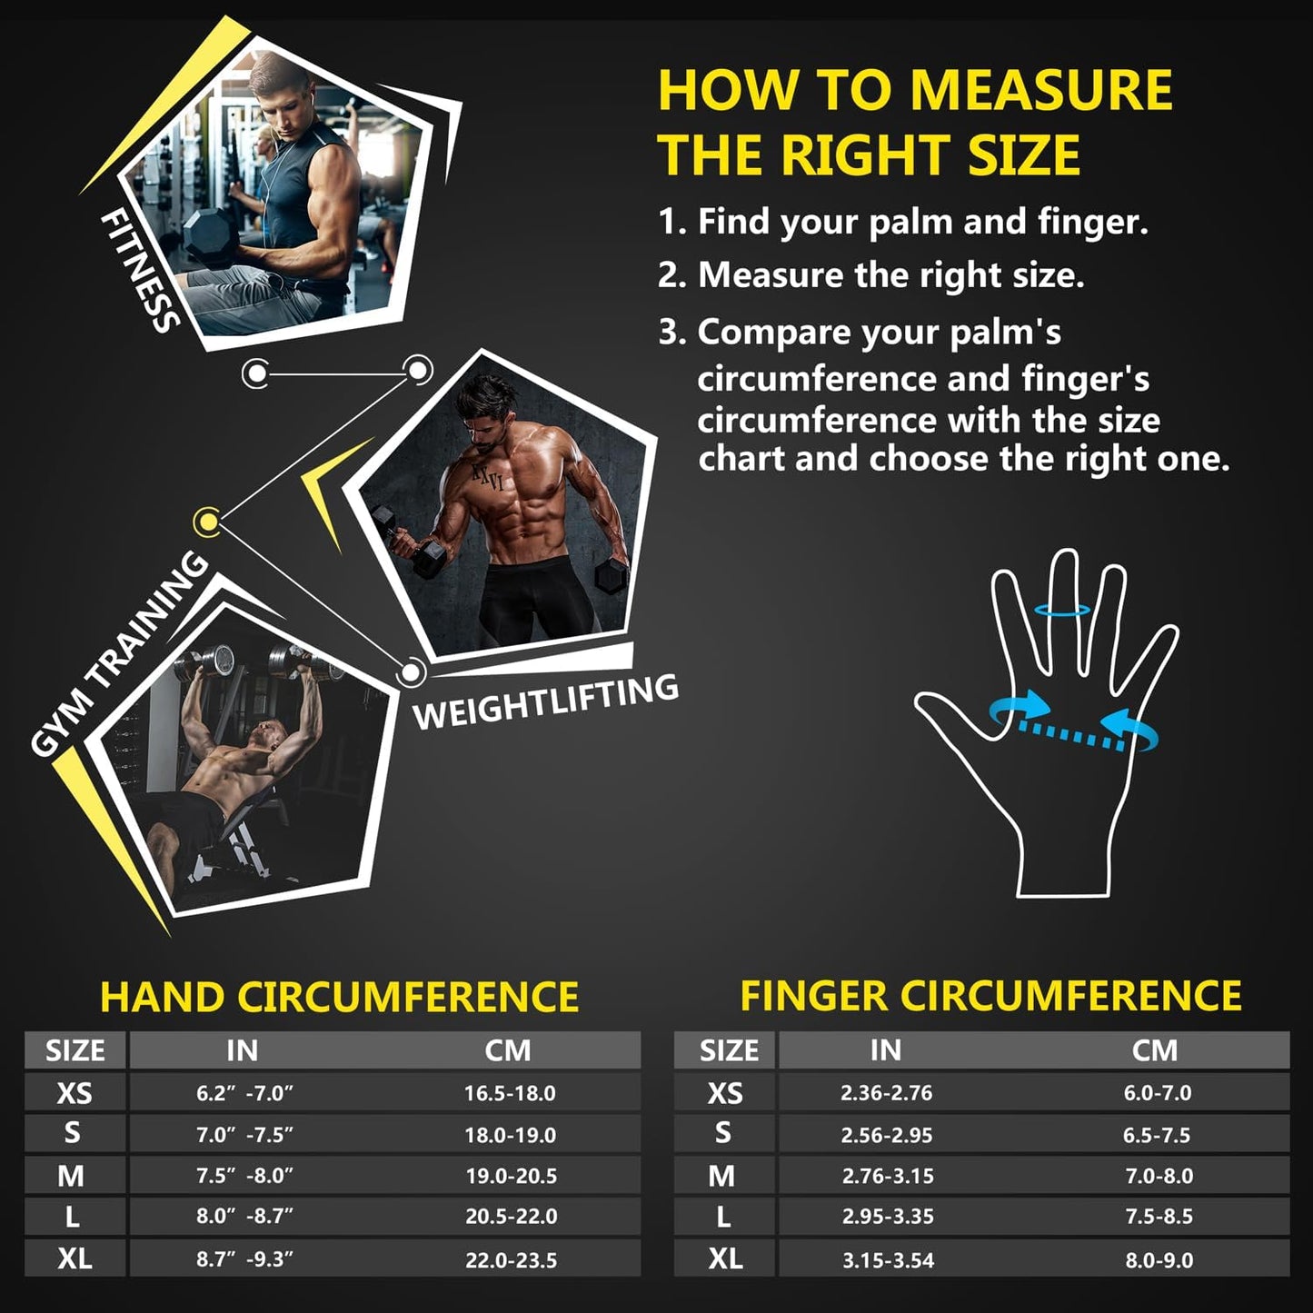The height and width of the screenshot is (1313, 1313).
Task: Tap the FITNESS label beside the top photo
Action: pos(139,271)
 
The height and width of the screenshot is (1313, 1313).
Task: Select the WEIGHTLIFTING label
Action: pos(545,702)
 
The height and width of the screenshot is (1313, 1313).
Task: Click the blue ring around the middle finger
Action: pos(1062,611)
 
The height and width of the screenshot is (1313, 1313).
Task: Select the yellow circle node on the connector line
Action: pos(207,522)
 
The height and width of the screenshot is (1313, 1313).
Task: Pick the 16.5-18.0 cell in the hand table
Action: pos(510,1093)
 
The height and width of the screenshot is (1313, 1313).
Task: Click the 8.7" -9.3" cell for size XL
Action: pos(244,1259)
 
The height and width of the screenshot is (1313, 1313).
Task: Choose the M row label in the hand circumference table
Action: pos(71,1176)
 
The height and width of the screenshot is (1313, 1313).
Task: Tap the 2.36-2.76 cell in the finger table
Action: pos(886,1093)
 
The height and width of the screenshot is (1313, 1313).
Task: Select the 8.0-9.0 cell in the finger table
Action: pos(1159,1259)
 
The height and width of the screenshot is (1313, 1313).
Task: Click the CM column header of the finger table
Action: pos(1155,1050)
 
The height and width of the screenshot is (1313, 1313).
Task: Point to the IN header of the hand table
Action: pos(242,1050)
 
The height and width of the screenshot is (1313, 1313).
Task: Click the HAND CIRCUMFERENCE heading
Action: pos(339,997)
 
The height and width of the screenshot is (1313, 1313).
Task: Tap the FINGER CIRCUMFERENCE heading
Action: pos(990,996)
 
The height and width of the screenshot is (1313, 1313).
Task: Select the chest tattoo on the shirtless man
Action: pos(487,476)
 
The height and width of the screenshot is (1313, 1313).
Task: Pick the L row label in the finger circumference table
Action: pos(723,1217)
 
